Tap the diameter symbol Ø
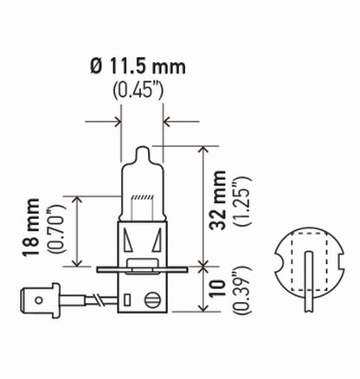[x=97, y=65]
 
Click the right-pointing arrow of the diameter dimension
[x=114, y=122]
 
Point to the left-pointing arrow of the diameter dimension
[x=170, y=122]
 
